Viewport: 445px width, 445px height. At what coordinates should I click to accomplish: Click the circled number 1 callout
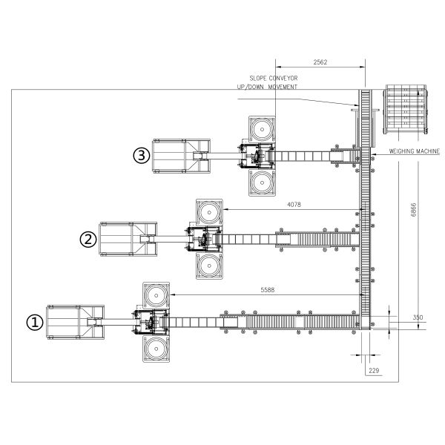[35, 323]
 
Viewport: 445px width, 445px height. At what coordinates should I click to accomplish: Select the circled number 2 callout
[88, 239]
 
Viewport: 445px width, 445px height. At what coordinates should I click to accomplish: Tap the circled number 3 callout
[142, 156]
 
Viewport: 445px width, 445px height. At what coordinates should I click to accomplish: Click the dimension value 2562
[320, 62]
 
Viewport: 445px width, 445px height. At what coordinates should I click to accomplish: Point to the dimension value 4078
[294, 205]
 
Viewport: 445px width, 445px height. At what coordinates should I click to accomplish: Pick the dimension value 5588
[267, 290]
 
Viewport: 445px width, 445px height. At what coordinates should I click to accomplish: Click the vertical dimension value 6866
[414, 210]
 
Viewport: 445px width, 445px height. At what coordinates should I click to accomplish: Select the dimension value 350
[418, 317]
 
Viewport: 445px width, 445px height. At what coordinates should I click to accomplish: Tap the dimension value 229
[374, 370]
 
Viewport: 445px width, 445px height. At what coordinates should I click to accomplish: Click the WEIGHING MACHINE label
[414, 151]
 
